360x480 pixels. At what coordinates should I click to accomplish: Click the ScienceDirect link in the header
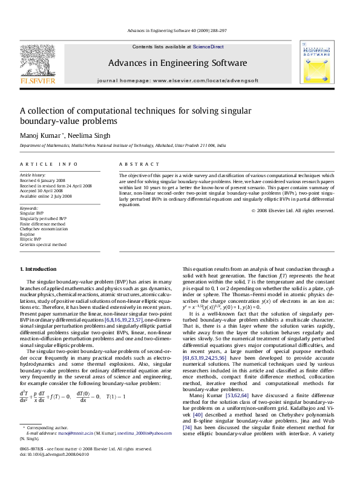209,47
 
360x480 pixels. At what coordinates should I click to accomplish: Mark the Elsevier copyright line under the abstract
292,210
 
